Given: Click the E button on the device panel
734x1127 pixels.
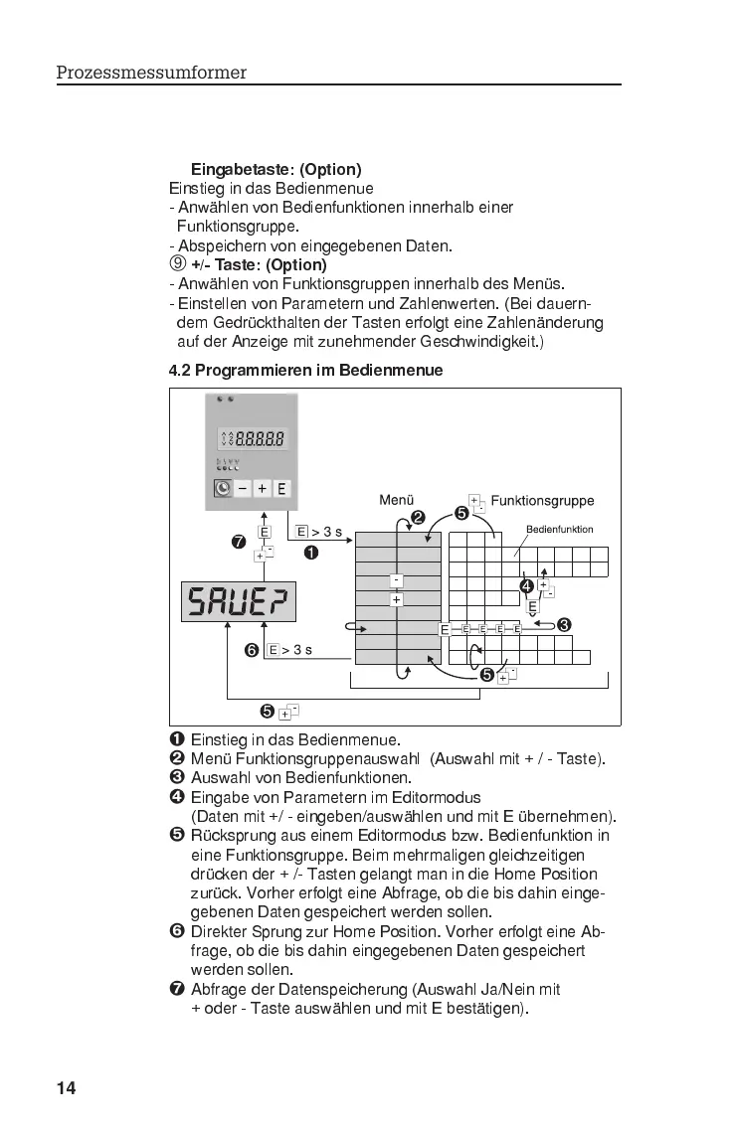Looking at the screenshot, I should coord(281,489).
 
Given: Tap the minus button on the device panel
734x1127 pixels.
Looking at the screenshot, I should coord(243,489).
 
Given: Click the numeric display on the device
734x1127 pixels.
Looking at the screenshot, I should coord(253,438).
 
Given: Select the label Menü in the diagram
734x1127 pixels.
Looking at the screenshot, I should coord(396,500).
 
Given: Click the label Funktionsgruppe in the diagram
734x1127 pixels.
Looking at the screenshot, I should coord(542,500).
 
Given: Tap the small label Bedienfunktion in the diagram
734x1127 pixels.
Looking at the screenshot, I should coord(559,529).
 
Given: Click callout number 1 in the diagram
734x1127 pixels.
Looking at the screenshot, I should coord(311,553).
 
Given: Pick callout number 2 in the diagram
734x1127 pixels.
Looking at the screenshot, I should coord(418,517).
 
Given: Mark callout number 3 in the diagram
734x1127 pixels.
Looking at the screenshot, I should coord(563,625).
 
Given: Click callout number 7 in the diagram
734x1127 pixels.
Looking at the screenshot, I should coord(238,543).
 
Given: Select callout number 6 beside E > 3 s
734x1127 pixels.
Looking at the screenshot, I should coord(253,650).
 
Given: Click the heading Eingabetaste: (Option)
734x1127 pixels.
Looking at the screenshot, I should coord(275,170).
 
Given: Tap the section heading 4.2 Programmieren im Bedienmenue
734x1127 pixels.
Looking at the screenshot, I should coord(305,370).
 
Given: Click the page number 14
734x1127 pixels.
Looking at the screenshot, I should coord(66,1087).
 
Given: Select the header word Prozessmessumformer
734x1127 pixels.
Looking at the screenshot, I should coord(151,73).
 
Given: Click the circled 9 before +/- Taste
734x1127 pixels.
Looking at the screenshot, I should coord(177,264).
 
